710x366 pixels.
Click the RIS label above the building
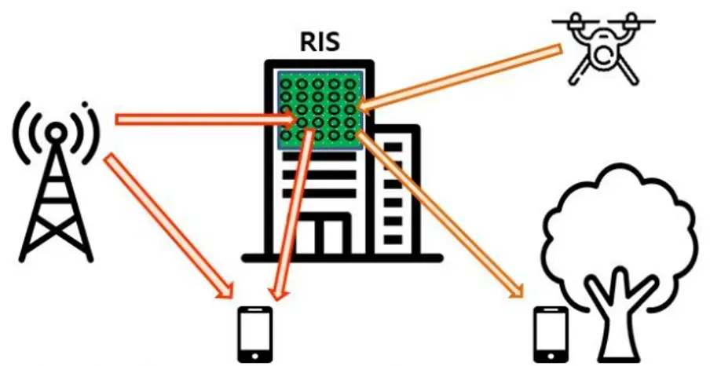coord(320,42)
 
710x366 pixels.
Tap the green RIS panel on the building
coord(320,108)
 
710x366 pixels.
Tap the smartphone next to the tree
coord(551,333)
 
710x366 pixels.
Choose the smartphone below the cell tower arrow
coord(255,333)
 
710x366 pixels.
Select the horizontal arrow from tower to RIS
coord(204,119)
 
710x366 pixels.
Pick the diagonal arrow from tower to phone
coord(169,224)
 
